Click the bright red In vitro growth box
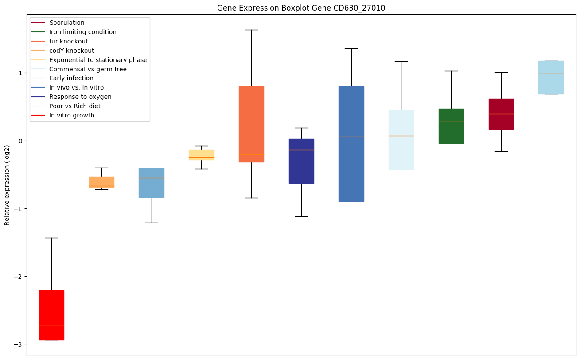(51, 315)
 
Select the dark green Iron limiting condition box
(451, 126)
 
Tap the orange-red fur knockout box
(251, 124)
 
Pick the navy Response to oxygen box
(301, 161)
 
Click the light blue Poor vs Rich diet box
(551, 78)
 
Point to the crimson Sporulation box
(501, 114)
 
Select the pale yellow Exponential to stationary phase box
(201, 155)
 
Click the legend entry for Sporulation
(67, 23)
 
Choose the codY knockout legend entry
(71, 51)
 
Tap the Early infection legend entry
(71, 78)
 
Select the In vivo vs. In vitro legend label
(76, 88)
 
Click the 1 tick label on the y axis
(21, 73)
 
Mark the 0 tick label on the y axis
(21, 141)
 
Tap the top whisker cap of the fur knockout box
(251, 30)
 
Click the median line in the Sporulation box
(501, 114)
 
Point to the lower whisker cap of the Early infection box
(152, 223)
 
